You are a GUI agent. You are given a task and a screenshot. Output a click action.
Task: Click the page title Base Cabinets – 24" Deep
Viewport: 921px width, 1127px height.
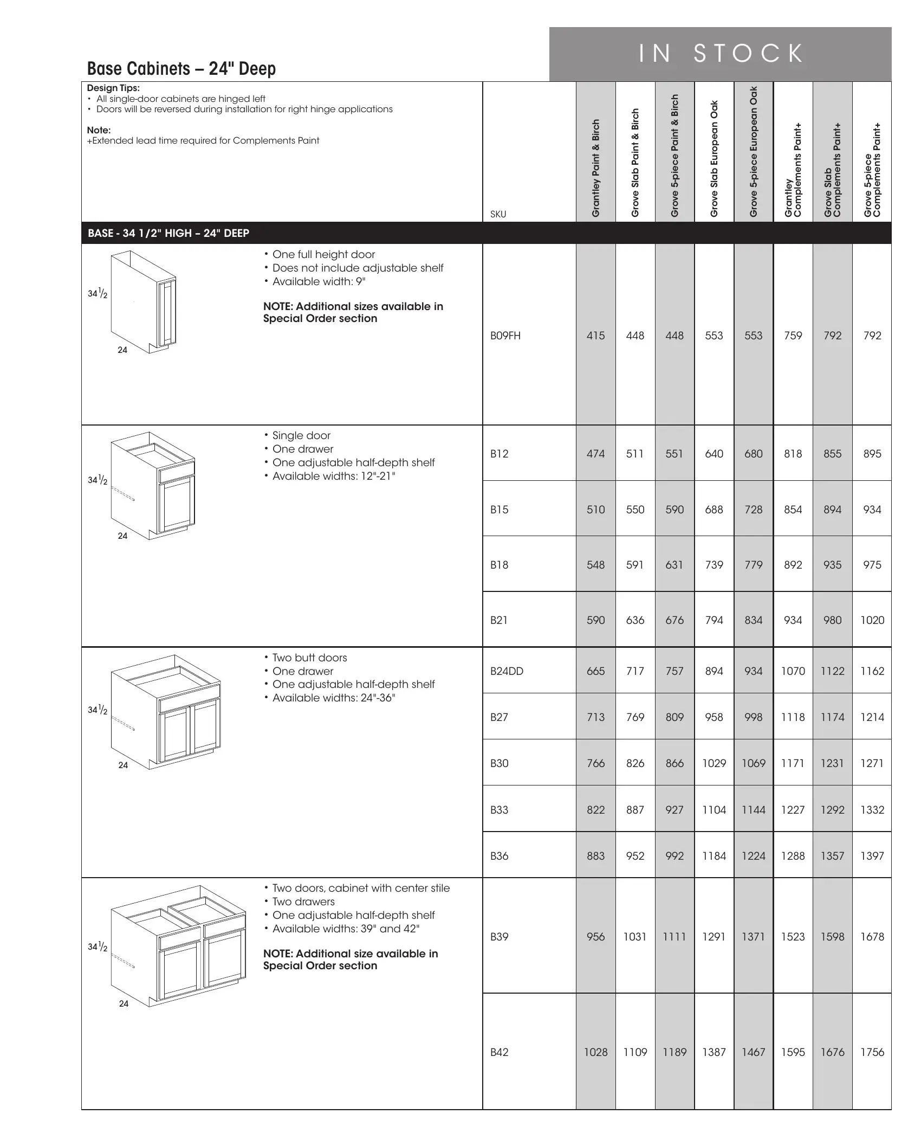point(181,69)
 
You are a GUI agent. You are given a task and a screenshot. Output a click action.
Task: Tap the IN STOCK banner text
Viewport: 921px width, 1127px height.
point(721,54)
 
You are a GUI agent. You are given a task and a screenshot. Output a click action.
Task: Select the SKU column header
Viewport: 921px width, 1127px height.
point(498,214)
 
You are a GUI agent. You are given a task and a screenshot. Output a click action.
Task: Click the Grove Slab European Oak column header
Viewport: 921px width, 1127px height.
point(714,159)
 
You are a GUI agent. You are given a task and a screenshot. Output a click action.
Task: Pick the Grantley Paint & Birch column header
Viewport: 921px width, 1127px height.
point(596,168)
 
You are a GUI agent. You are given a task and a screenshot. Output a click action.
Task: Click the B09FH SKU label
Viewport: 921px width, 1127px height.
point(505,336)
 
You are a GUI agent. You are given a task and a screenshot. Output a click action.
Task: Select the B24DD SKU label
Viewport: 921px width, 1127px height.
point(507,671)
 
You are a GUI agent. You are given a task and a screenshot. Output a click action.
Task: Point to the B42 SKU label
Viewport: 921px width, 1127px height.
point(499,1052)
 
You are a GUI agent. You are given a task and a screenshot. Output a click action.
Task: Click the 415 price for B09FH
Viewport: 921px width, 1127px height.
point(595,336)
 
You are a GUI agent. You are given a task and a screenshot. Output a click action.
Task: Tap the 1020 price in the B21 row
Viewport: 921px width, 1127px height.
point(872,620)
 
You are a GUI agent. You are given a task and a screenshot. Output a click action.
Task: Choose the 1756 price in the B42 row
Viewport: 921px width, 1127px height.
point(872,1052)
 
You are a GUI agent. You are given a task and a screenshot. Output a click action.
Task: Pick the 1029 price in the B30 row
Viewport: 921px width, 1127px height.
point(714,763)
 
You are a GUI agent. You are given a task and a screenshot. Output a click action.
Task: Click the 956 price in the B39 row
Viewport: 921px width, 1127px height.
point(595,937)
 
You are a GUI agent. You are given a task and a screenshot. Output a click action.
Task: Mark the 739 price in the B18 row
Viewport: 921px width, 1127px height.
point(714,565)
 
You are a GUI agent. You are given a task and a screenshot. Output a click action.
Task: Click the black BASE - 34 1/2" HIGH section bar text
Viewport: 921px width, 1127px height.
point(168,234)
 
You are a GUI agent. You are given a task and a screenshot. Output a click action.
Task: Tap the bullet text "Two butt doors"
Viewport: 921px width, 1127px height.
point(309,658)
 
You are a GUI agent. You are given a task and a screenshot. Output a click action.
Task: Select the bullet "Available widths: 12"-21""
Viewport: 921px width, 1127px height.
point(334,476)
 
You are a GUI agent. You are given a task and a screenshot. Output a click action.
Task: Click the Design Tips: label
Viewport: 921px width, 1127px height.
point(113,88)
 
